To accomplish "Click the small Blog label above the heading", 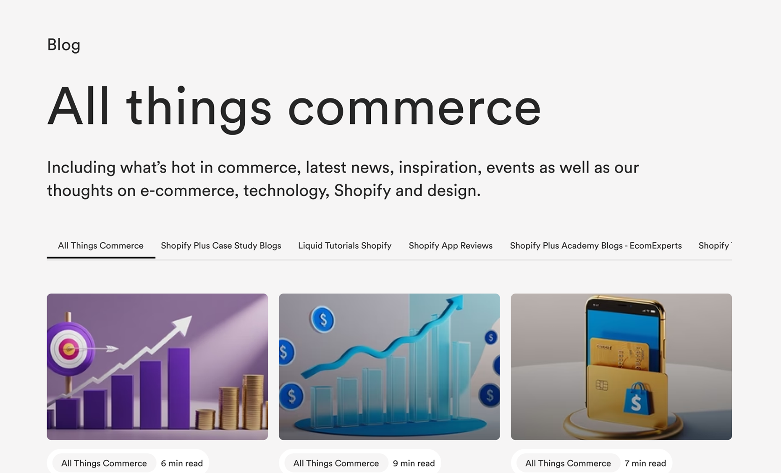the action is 63,45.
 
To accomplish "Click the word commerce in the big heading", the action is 414,108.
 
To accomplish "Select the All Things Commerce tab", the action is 101,246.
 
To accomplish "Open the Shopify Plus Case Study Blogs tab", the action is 221,246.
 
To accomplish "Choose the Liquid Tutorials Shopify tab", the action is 345,246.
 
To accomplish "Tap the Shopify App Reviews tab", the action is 451,246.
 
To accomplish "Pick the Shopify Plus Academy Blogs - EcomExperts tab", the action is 596,246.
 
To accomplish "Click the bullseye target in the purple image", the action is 69,349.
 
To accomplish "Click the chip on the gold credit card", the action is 602,385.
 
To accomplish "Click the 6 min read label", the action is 182,463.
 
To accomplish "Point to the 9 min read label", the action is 414,463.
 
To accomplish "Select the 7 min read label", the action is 645,463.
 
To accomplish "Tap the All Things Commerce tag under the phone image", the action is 568,463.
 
